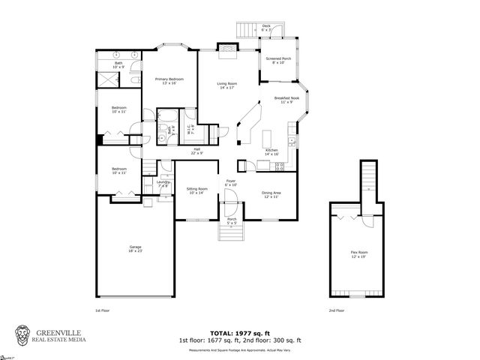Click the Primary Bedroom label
(x=169, y=80)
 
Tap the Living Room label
(x=228, y=85)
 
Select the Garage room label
(x=136, y=249)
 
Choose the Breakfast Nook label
(x=286, y=99)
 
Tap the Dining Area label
(x=270, y=194)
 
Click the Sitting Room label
(x=197, y=190)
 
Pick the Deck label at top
(x=266, y=28)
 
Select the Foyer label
(x=231, y=183)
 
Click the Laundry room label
(x=163, y=184)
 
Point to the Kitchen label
(x=271, y=152)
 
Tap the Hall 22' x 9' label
(x=196, y=151)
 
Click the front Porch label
(x=232, y=221)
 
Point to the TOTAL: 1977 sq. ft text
(x=240, y=332)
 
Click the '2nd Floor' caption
(x=337, y=310)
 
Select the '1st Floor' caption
(x=103, y=310)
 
